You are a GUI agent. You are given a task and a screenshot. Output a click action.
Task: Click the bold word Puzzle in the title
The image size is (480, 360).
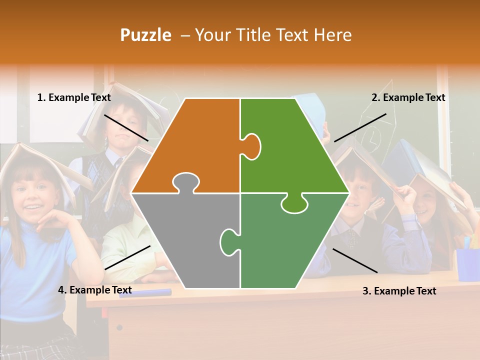pos(145,35)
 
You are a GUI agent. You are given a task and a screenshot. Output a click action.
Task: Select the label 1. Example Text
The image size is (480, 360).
pos(74,98)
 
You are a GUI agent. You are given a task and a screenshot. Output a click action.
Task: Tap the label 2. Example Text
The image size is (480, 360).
pos(408,98)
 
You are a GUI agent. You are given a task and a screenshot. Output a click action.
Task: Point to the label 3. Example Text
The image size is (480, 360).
pos(399,291)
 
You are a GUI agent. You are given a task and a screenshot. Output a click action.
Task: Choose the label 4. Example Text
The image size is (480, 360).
pos(95,290)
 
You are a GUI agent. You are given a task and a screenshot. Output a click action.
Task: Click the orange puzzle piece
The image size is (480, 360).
pos(195,145)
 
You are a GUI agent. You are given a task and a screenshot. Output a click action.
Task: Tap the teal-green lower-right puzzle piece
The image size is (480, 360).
pos(290,245)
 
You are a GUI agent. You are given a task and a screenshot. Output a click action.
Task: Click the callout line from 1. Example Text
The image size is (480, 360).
pos(126,127)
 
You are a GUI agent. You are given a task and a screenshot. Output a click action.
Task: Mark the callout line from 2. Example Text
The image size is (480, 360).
pos(360,127)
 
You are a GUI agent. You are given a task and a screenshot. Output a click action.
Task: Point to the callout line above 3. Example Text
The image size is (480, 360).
pos(354,260)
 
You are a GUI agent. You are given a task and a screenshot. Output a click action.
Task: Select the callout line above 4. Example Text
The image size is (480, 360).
pos(127,257)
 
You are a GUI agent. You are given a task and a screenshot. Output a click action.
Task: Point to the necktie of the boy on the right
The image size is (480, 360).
pos(353,237)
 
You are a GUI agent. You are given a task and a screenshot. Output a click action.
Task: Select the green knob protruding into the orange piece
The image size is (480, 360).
pos(251,146)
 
